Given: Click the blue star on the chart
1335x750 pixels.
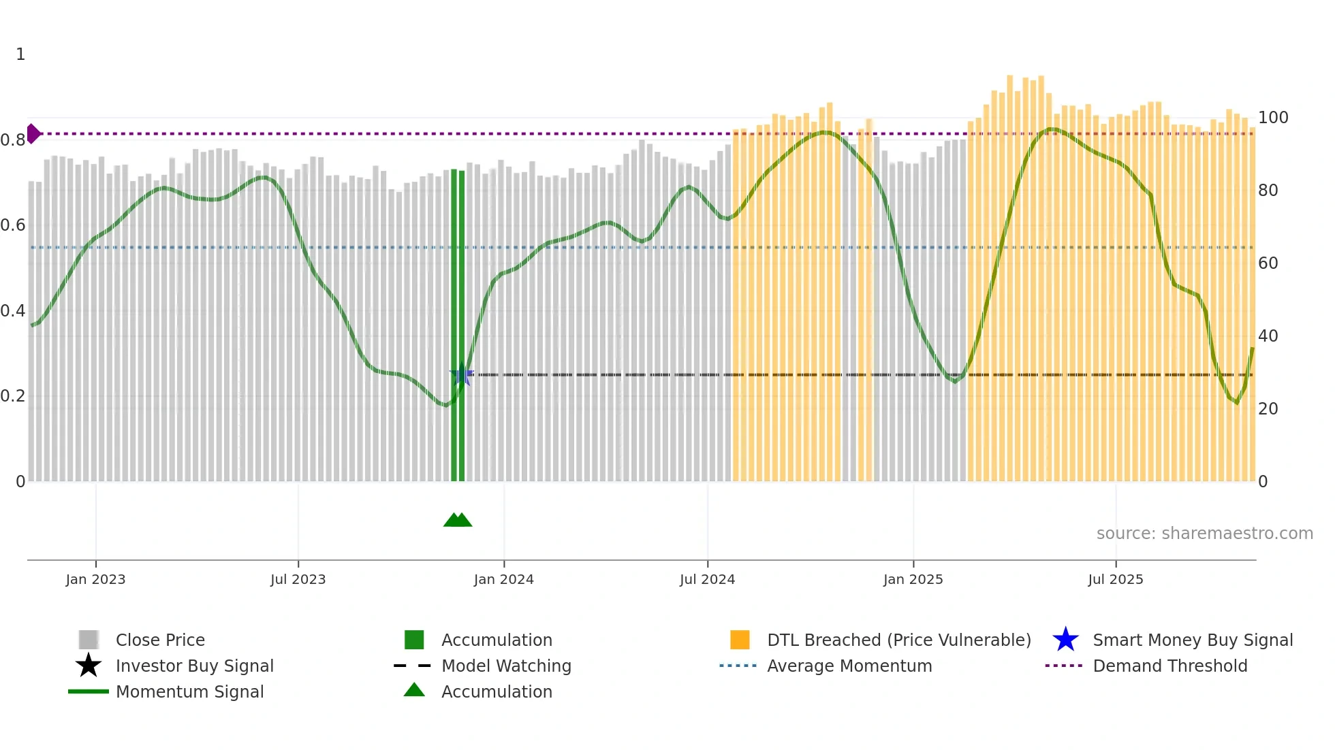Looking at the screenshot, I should (462, 374).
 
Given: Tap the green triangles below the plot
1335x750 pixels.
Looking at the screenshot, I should (458, 520).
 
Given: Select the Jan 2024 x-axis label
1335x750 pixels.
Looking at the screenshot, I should (503, 579).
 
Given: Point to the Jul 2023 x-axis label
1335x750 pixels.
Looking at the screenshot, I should (298, 579).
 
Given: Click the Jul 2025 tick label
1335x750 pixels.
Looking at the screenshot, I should (1115, 579).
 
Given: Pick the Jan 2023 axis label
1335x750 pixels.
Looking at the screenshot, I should (95, 579).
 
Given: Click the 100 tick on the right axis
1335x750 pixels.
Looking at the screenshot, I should (1272, 118).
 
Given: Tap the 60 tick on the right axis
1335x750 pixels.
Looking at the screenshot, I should (1268, 263).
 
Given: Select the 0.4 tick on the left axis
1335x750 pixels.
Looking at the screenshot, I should (13, 311).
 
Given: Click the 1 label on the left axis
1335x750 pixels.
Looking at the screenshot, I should (20, 54).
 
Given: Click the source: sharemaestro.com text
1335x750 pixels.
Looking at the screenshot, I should (1204, 534).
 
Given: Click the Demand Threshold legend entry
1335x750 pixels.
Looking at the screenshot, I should (1169, 666).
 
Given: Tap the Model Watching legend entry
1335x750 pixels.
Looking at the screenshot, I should (505, 666).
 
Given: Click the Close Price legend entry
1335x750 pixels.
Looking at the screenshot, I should (160, 640).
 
